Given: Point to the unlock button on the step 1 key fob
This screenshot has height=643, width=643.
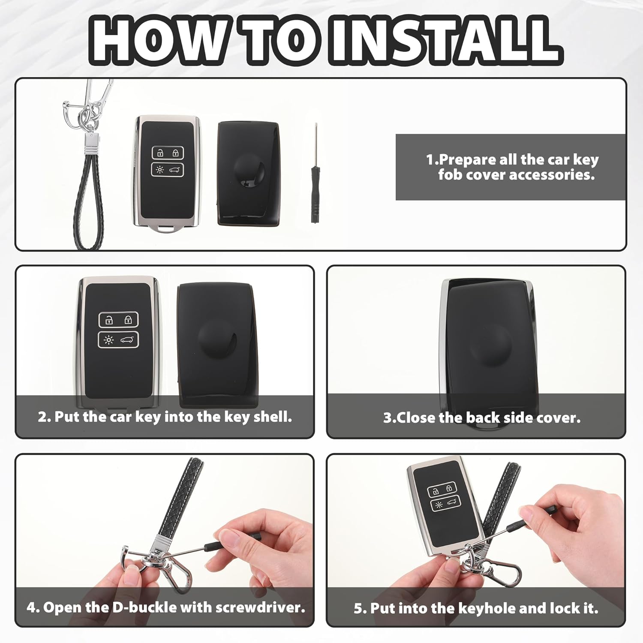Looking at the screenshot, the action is pos(160,153).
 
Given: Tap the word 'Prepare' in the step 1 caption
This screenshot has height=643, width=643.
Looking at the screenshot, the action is pos(467,160).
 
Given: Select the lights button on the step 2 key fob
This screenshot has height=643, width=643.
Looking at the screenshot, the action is pos(109,340).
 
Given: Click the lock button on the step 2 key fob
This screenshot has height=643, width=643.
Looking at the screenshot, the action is pos(128,320).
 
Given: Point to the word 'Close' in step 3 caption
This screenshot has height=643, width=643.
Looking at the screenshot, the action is pos(416,418).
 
